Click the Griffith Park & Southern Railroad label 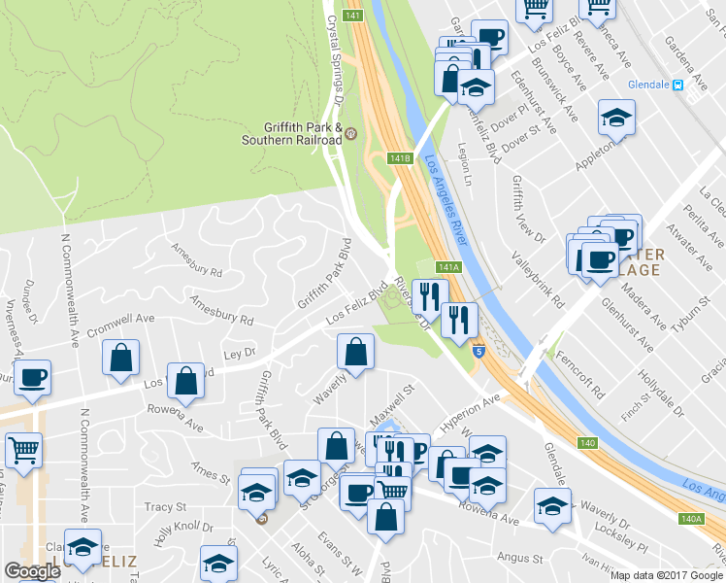(x=303, y=133)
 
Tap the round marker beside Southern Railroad (x=350, y=133)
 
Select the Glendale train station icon (x=679, y=85)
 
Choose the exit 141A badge (x=447, y=267)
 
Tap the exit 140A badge (x=690, y=519)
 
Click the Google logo (x=33, y=571)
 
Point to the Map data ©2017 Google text (x=666, y=575)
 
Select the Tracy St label (x=165, y=507)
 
